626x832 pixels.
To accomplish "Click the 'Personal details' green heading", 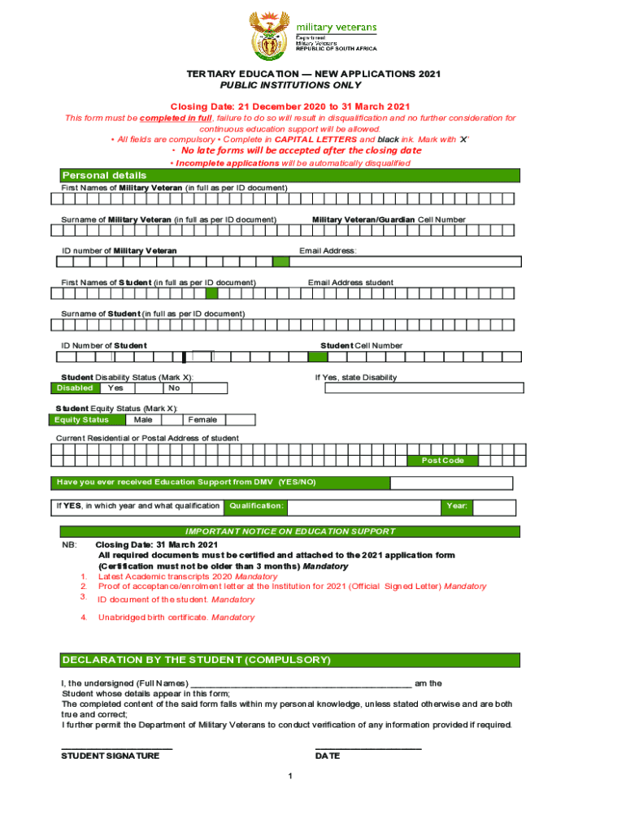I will click(105, 175).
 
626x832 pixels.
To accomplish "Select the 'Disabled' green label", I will click(76, 388).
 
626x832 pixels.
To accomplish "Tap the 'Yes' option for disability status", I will click(115, 388).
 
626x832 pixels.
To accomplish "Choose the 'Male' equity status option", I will click(143, 420).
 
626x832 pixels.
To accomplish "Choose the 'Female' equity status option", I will click(202, 420).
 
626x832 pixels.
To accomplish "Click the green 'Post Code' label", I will click(442, 461).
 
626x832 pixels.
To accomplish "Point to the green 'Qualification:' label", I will click(256, 506).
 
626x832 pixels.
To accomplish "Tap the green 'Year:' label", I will click(456, 506).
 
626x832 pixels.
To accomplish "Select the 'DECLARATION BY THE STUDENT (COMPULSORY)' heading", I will click(196, 660).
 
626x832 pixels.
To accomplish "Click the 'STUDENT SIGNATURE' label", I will click(111, 756).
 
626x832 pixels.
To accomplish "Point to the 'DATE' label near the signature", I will click(328, 756).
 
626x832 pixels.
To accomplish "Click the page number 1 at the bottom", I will click(289, 776).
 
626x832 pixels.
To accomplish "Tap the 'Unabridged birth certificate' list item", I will click(176, 617).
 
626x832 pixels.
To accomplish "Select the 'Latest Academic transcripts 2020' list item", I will click(187, 576).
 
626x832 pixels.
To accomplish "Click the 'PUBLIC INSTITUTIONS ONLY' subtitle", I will click(291, 85).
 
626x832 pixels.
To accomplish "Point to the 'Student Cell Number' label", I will click(362, 345).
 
